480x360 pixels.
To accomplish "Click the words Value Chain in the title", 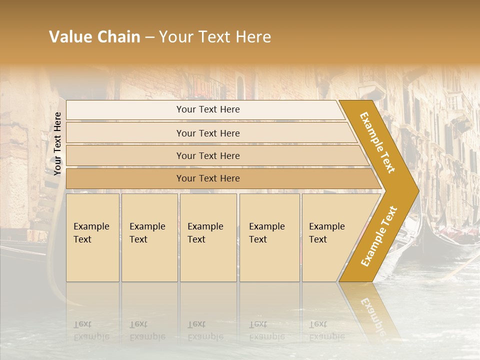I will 94,37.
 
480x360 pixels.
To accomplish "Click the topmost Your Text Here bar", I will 207,109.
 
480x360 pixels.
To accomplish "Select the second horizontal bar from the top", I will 207,133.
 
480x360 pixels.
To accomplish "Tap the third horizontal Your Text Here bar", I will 207,155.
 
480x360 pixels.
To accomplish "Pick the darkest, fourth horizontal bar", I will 207,178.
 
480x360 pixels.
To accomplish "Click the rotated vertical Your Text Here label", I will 57,143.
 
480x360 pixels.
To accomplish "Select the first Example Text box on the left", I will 92,237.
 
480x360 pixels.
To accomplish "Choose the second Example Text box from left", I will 149,237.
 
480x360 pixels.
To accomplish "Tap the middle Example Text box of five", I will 208,237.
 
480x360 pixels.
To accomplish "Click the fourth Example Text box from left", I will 269,237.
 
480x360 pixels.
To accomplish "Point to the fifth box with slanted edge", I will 330,237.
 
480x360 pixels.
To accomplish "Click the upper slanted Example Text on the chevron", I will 378,142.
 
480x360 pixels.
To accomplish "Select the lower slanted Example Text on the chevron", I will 379,236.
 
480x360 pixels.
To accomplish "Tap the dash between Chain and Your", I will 149,37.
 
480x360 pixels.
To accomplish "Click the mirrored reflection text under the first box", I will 91,330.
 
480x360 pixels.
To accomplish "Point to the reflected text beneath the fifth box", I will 326,330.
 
